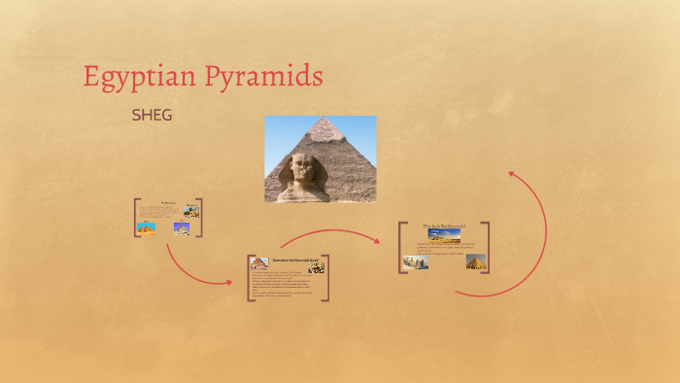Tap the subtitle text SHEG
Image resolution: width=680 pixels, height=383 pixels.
pyautogui.click(x=152, y=115)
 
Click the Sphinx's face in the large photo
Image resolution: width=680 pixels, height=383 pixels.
pyautogui.click(x=296, y=172)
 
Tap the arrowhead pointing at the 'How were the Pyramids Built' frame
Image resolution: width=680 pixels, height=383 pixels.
pyautogui.click(x=229, y=283)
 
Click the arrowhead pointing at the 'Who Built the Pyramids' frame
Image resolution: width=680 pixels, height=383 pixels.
pyautogui.click(x=378, y=239)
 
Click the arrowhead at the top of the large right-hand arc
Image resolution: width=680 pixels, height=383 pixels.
pyautogui.click(x=511, y=175)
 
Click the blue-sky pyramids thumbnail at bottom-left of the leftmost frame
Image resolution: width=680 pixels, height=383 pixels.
pyautogui.click(x=147, y=228)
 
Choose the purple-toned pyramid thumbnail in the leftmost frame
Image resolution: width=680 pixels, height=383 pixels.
pyautogui.click(x=182, y=229)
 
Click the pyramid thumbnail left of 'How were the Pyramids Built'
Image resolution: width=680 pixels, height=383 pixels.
pyautogui.click(x=259, y=263)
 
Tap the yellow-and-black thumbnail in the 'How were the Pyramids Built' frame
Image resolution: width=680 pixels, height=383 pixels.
pyautogui.click(x=316, y=266)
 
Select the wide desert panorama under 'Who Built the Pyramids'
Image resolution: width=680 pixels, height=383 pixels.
pyautogui.click(x=444, y=235)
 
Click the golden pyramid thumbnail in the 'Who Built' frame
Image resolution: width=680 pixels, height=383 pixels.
pyautogui.click(x=475, y=261)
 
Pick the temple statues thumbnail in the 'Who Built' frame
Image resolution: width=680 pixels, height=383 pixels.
pyautogui.click(x=416, y=261)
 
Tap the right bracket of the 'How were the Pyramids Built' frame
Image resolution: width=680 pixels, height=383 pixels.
pyautogui.click(x=327, y=278)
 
